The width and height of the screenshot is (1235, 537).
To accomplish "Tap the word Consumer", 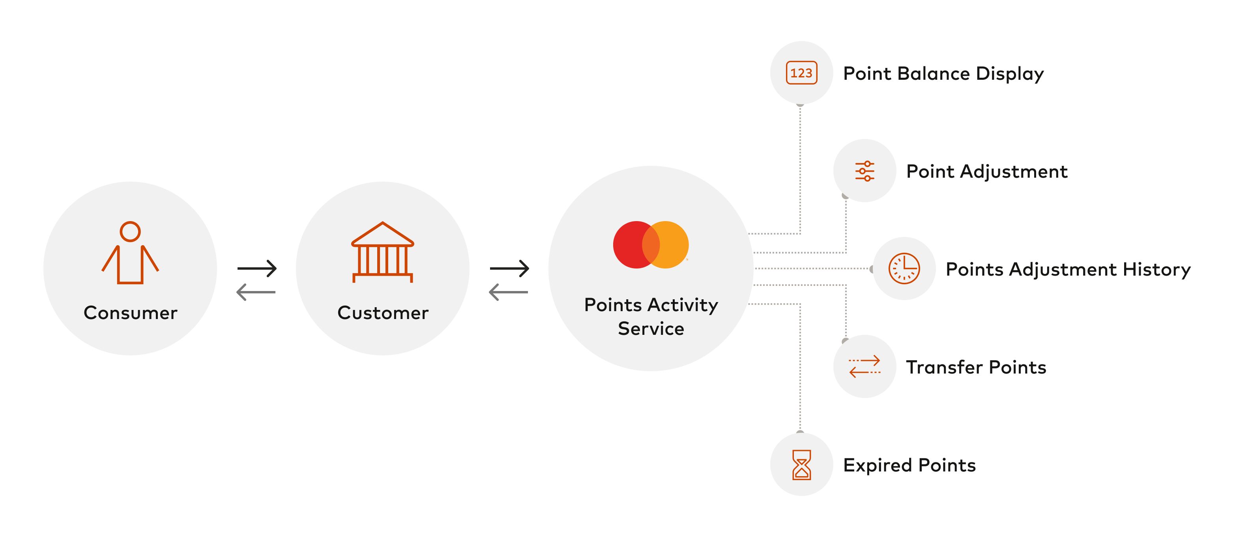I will click(x=130, y=313).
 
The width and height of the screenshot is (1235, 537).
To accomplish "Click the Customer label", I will click(x=383, y=313).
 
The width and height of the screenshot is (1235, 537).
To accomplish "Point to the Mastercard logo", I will click(x=651, y=245).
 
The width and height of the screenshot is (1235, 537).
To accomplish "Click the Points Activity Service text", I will click(x=651, y=317).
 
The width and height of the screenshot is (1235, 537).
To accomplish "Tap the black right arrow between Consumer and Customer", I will click(x=257, y=268).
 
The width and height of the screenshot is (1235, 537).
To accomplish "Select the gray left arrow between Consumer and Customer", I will click(x=256, y=292).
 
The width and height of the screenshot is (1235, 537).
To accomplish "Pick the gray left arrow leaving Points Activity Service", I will click(x=508, y=292).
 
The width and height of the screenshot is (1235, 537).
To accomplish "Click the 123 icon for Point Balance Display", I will click(x=801, y=73).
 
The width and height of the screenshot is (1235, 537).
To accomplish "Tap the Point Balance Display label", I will click(x=943, y=73).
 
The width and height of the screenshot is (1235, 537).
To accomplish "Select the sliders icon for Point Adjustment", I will click(x=864, y=171).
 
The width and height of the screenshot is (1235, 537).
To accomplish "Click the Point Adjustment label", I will click(x=987, y=171).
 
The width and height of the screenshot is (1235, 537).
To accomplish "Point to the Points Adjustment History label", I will click(x=1068, y=269).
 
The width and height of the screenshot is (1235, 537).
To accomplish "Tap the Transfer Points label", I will click(x=976, y=367).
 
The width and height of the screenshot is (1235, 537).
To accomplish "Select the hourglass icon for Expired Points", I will click(x=801, y=464).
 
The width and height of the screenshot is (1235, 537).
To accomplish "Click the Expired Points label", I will click(x=909, y=465).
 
